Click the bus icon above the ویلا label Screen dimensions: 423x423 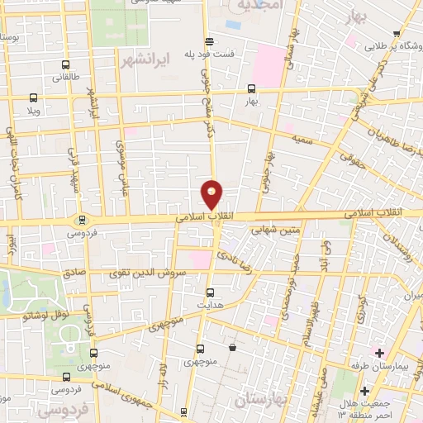tap(33, 97)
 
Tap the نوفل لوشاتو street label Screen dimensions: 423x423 tap(42, 315)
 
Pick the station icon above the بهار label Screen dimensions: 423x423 tap(251, 88)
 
